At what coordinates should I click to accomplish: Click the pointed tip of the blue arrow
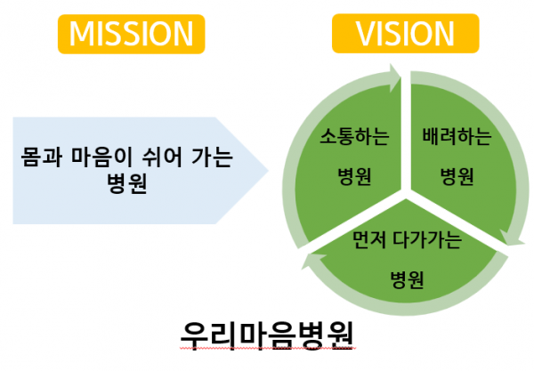coord(268,168)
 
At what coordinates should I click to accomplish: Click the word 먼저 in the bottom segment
coord(371,241)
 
